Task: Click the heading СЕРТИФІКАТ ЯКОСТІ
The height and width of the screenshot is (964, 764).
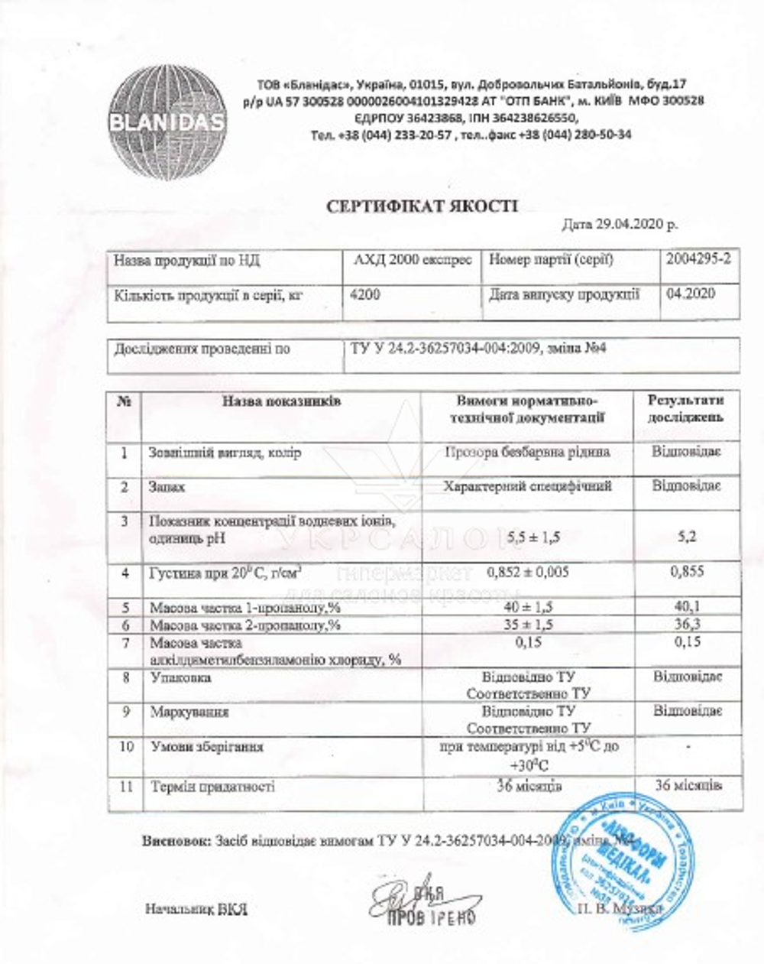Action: tap(422, 206)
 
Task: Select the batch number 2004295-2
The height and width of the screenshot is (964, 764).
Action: tap(698, 259)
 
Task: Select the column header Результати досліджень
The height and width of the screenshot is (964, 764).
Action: tap(685, 409)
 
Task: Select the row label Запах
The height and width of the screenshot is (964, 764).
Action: tap(168, 486)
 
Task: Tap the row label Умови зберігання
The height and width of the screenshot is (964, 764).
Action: tap(207, 746)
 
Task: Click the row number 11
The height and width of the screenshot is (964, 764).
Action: tap(127, 786)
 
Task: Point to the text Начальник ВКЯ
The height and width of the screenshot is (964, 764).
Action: tap(196, 910)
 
